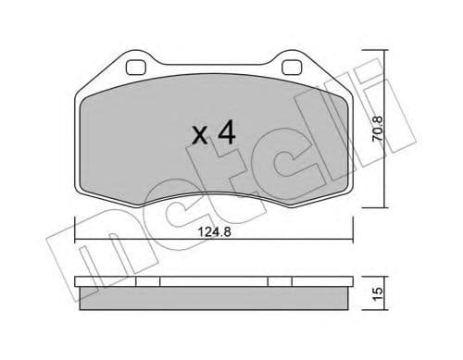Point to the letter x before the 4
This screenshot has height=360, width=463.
[x=199, y=137]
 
